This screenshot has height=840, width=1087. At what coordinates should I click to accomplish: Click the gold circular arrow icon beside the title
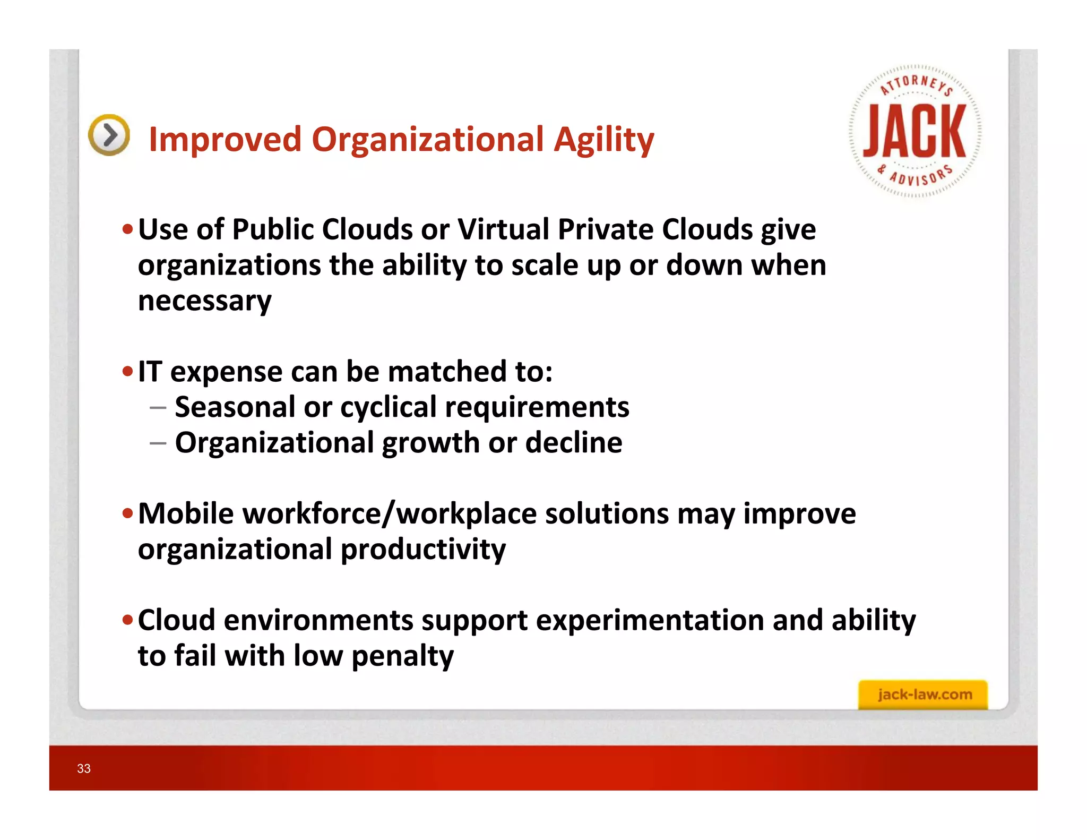[109, 135]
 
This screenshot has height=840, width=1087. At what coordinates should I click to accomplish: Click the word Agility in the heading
[603, 140]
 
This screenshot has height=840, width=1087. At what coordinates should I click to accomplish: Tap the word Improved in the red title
[225, 140]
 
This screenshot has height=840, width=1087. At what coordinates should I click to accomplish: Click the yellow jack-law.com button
[923, 695]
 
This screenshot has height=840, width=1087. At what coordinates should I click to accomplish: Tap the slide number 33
[84, 768]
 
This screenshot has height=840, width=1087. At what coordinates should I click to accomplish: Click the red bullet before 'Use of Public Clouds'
[127, 230]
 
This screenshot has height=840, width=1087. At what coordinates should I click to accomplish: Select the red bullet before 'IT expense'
[127, 371]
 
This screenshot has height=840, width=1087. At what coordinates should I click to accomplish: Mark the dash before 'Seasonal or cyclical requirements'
[158, 408]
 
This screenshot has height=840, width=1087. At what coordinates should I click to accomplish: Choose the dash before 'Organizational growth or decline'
[158, 443]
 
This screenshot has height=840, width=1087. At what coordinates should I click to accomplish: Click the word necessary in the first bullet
[204, 301]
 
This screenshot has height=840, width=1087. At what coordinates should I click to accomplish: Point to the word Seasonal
[235, 407]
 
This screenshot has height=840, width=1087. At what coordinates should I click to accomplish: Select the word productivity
[423, 550]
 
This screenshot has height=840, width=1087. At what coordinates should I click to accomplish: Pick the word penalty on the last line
[402, 656]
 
